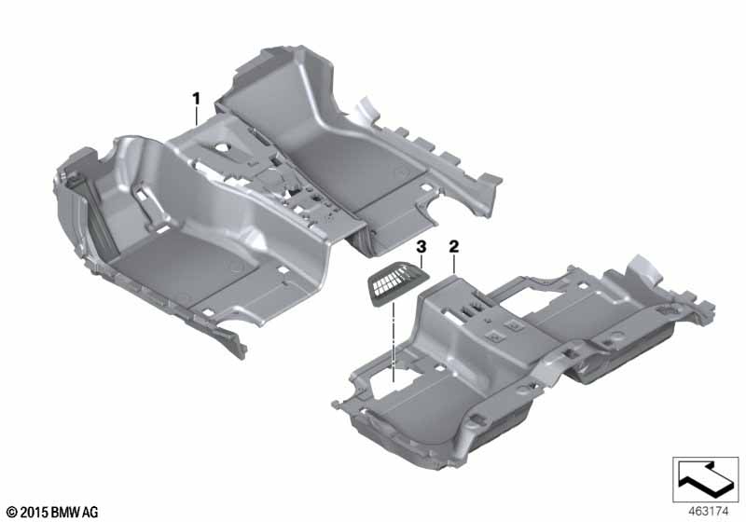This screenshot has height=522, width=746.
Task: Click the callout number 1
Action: [x=197, y=97]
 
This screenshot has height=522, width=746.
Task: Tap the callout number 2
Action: [x=454, y=246]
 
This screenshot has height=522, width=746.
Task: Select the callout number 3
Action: [x=421, y=246]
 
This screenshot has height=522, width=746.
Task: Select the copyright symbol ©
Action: [x=12, y=512]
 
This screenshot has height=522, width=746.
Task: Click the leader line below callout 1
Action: [x=197, y=117]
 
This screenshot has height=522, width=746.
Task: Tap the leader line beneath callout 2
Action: [x=454, y=264]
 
